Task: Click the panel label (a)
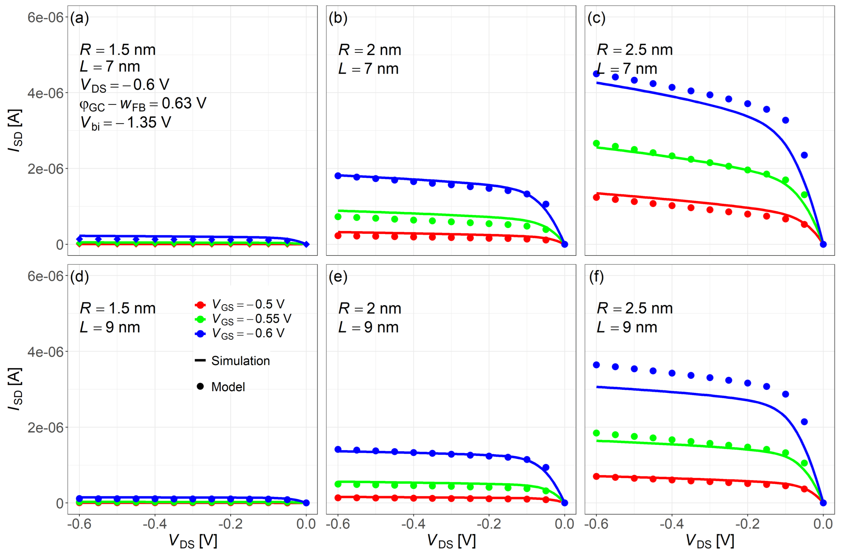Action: tap(79, 18)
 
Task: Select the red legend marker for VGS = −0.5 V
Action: tap(200, 305)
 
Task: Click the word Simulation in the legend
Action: tap(241, 361)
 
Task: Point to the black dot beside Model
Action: tap(200, 386)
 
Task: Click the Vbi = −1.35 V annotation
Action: tap(126, 123)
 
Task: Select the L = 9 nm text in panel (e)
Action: tap(368, 327)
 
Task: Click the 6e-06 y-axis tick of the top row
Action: tap(45, 17)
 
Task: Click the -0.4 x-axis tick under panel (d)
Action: tap(155, 523)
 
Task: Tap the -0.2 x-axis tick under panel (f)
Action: tap(747, 523)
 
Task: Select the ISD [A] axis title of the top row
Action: tap(15, 130)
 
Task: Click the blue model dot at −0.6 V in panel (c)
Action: tap(596, 74)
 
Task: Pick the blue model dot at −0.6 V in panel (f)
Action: tap(596, 365)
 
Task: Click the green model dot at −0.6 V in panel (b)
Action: tap(338, 217)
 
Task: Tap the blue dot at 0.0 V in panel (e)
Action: tap(564, 503)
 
